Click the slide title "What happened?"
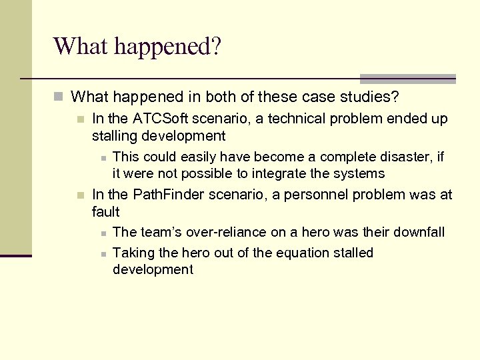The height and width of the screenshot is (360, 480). tap(137, 47)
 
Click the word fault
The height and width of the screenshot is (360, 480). tap(106, 212)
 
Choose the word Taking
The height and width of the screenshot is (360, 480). tap(133, 253)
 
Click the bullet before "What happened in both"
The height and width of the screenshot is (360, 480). tap(59, 97)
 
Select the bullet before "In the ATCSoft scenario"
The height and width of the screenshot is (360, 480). tap(80, 119)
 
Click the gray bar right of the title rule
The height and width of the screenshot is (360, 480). tap(407, 78)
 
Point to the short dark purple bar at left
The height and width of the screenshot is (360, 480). tap(16, 255)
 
